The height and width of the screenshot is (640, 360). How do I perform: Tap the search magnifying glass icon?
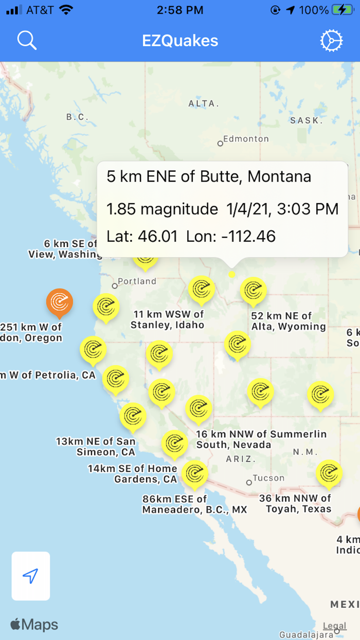point(27,40)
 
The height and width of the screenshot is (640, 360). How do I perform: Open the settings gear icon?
point(331,41)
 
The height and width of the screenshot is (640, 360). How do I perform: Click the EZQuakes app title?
point(180,41)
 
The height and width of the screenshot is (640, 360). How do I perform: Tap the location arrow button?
point(31,576)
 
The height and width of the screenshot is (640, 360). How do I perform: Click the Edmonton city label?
point(246,139)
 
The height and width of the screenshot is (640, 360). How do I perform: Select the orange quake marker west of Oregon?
point(60,301)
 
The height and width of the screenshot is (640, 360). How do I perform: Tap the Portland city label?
point(137,281)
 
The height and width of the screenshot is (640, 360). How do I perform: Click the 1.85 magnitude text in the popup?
point(162,209)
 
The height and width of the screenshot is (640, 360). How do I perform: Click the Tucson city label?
point(268,478)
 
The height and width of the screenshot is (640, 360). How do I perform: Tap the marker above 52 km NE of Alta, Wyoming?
point(253,291)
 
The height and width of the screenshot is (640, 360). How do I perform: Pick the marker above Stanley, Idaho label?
point(201,289)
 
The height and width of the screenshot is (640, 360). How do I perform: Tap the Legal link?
point(334,626)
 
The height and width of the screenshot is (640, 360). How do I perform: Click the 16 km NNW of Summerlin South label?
point(261,439)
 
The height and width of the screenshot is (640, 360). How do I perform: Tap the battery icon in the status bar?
point(342,10)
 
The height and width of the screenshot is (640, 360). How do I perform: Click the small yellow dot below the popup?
point(232,274)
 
